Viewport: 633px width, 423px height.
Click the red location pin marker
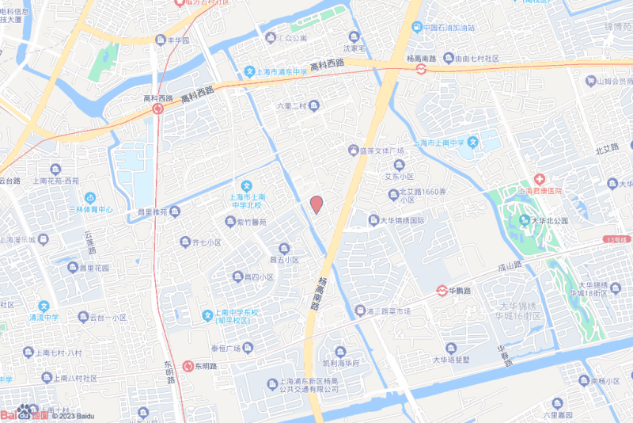point(316,204)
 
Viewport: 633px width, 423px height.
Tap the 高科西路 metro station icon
point(157,109)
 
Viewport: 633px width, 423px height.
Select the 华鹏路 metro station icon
point(445,291)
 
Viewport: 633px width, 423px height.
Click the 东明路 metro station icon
point(188,366)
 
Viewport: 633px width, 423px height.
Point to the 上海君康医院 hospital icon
point(540,180)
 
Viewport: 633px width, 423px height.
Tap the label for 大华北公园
point(549,221)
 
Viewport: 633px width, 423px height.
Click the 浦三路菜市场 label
point(388,311)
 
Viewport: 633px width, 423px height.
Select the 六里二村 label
point(290,105)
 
